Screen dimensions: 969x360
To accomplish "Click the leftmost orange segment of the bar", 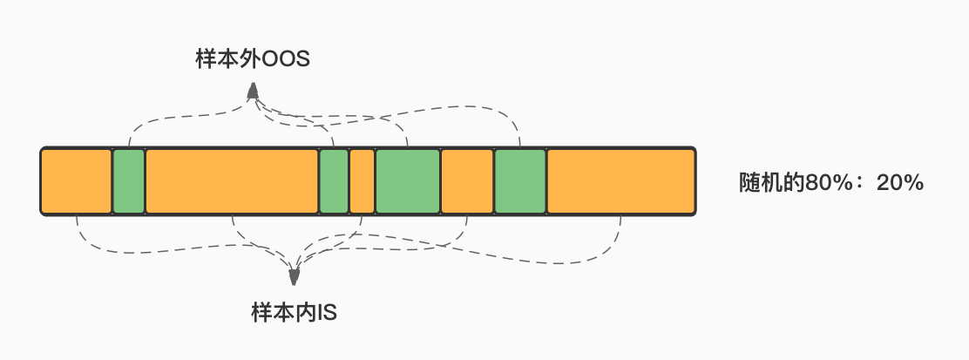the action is (x=76, y=181).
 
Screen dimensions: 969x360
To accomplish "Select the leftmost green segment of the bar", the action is (x=129, y=181).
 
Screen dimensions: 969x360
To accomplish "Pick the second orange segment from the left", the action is (x=232, y=181).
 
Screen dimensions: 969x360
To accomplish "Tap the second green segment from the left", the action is (x=334, y=181).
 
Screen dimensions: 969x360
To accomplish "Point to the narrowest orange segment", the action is (x=363, y=181).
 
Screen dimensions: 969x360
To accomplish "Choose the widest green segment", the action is (x=408, y=181).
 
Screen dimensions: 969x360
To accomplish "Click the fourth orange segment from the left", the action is (x=467, y=181).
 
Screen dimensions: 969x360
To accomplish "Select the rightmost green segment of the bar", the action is (x=520, y=181).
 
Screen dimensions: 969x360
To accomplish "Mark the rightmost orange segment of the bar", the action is (x=621, y=181).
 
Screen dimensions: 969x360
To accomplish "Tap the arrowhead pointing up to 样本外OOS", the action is (x=252, y=92).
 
